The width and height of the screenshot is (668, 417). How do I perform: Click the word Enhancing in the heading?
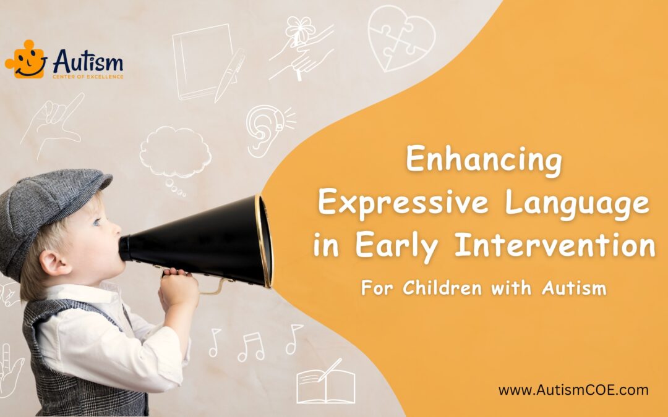pos(484,160)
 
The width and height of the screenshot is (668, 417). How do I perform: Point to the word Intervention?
pos(555,245)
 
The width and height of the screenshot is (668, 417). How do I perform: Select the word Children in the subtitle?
pos(442,288)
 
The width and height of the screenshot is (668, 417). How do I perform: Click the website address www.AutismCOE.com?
pos(573,390)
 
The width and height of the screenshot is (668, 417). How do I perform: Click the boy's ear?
pos(54,264)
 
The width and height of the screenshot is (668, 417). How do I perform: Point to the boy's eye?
pos(97,222)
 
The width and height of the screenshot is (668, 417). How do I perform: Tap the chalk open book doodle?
pos(326,385)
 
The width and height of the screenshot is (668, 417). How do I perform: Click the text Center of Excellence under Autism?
pos(88,77)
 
